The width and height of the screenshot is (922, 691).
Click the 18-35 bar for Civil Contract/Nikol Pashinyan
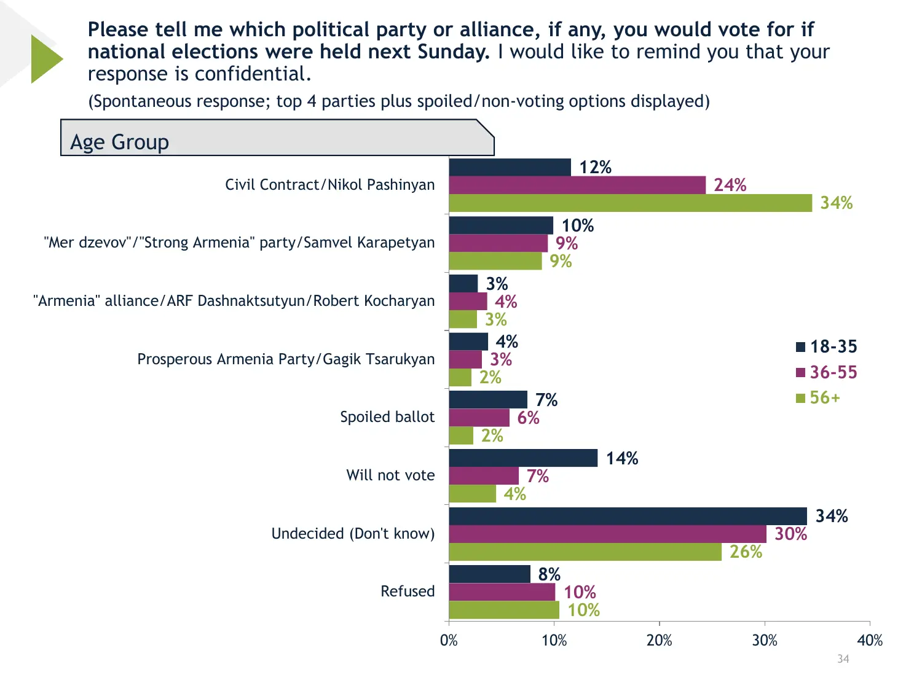pos(510,167)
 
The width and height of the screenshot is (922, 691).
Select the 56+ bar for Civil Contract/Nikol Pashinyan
pos(630,203)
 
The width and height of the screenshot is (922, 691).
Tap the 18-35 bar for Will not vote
pos(523,458)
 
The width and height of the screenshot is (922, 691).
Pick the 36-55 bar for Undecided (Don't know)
pos(607,534)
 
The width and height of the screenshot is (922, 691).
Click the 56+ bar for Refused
pos(504,610)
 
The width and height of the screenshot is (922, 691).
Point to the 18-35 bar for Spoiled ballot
pos(488,400)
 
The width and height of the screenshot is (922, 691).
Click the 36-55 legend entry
pos(827,372)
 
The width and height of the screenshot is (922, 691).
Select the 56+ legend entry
pos(818,398)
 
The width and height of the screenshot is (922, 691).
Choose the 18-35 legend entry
pos(827,346)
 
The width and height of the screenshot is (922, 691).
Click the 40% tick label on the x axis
pos(870,641)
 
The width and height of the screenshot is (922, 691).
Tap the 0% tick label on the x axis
pos(449,641)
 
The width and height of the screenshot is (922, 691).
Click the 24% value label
pos(730,185)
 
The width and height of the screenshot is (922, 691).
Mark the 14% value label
pos(621,458)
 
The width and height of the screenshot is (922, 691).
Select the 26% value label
pos(745,552)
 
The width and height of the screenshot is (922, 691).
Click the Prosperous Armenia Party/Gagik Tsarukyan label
pos(286,359)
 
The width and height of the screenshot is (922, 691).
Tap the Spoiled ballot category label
pos(387,417)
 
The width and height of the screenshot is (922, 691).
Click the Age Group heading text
pos(119,142)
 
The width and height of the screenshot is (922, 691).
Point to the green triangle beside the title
pos(45,59)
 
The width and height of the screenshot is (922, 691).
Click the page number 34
pos(843,659)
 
